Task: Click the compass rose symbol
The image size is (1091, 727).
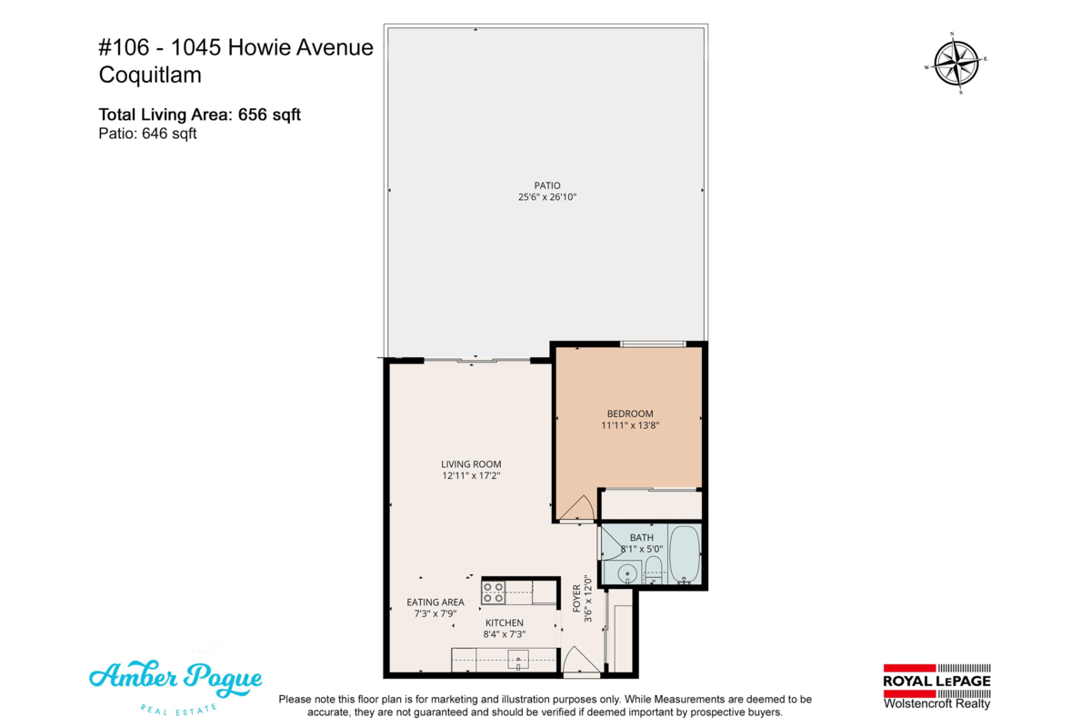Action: pyautogui.click(x=956, y=64)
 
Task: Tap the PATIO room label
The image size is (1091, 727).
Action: pyautogui.click(x=547, y=185)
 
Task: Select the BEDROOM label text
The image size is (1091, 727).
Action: pyautogui.click(x=630, y=413)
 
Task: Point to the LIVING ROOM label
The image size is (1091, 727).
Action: pyautogui.click(x=471, y=463)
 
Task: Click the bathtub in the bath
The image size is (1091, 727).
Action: pyautogui.click(x=684, y=555)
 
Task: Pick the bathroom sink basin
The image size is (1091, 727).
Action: pyautogui.click(x=626, y=573)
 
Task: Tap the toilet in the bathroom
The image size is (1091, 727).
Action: pyautogui.click(x=652, y=572)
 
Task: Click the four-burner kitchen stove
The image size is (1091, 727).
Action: pyautogui.click(x=494, y=593)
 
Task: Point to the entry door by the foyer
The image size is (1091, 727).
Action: pyautogui.click(x=579, y=662)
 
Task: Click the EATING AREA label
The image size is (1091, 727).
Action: pyautogui.click(x=435, y=602)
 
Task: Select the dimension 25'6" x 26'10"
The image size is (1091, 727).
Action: pyautogui.click(x=547, y=197)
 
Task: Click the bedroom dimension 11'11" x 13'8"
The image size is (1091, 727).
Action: pyautogui.click(x=630, y=424)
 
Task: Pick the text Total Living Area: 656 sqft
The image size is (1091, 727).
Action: pyautogui.click(x=199, y=115)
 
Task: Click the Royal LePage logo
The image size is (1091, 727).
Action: pyautogui.click(x=936, y=685)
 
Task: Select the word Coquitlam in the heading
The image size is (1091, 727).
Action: pyautogui.click(x=150, y=75)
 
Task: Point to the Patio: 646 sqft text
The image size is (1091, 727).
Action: pyautogui.click(x=147, y=134)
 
